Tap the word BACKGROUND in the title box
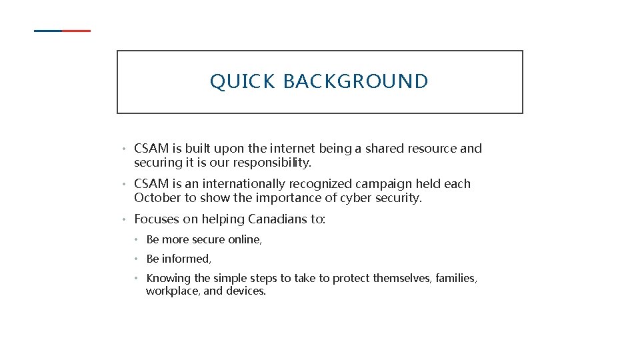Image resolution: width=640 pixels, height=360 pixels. [356, 81]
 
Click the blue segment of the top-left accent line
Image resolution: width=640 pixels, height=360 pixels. [47, 31]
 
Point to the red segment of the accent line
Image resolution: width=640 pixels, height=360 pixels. [77, 31]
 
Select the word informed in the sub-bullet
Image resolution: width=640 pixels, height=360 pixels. [186, 259]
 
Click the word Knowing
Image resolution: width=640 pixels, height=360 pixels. [168, 278]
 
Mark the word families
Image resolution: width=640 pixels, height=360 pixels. [455, 278]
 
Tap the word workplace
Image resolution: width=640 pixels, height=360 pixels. [172, 291]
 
